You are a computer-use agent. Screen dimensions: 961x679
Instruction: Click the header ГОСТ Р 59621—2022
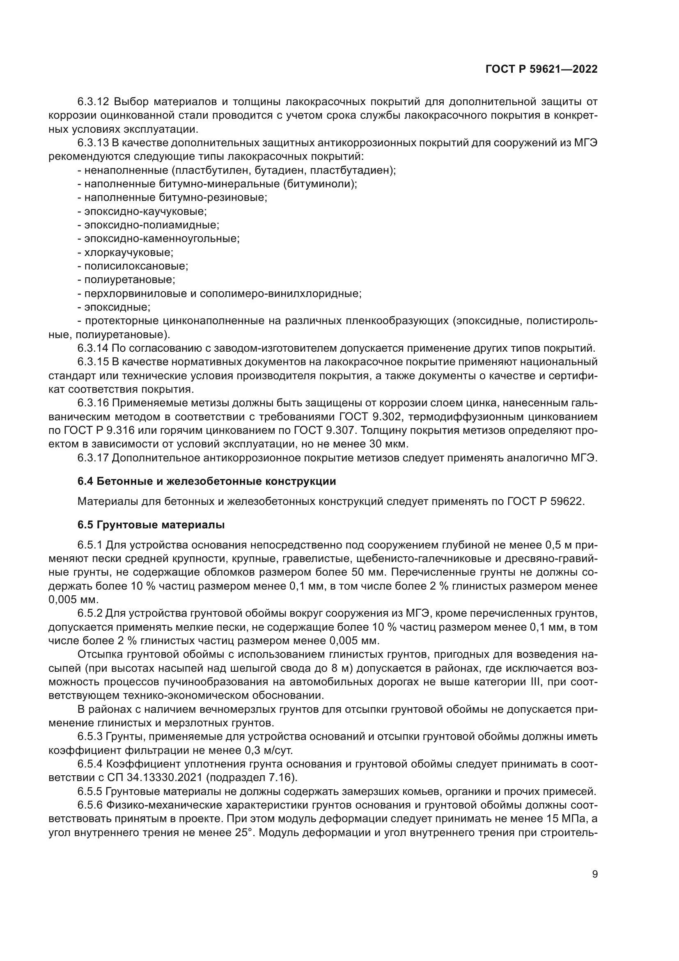(541, 69)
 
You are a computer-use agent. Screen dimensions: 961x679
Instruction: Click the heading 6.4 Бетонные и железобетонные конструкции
(206, 482)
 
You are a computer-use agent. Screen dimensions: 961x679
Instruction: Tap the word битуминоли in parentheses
(319, 184)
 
